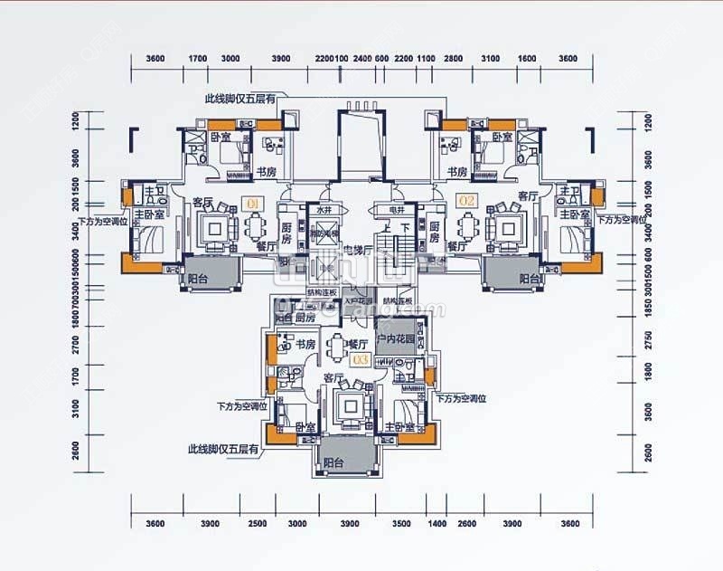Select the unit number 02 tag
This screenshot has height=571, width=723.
(467, 201)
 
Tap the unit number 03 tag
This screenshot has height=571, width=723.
(359, 359)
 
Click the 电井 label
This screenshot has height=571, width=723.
(396, 210)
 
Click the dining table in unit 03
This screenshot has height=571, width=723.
(338, 345)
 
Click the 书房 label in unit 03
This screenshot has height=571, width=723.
(304, 344)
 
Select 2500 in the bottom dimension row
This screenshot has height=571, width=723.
(258, 524)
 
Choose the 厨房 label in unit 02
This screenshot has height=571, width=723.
(435, 233)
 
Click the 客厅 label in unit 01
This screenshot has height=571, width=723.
(202, 201)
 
